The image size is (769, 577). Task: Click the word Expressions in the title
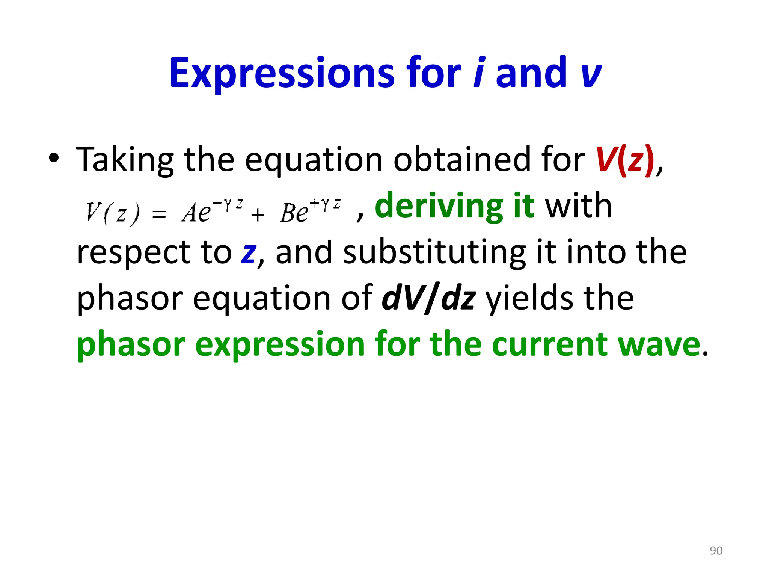[x=282, y=73]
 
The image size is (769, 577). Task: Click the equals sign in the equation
[x=159, y=214]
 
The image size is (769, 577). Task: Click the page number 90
[x=716, y=551]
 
